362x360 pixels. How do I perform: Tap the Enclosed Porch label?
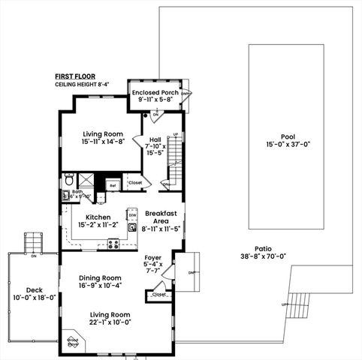155,93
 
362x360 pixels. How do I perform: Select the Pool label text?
287,136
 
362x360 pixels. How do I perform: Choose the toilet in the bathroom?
68,180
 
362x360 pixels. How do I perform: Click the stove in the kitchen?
113,243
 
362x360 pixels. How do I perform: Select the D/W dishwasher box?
131,214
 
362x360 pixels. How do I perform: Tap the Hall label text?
155,139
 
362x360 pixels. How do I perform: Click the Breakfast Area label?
161,217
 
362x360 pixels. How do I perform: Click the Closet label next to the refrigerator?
135,182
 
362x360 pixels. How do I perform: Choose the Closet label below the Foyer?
159,295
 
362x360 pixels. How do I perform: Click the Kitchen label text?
98,217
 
